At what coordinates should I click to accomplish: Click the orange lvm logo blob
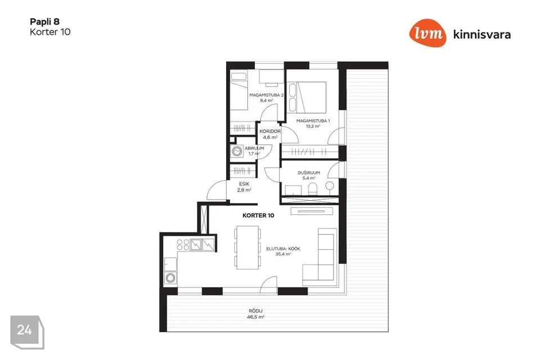click(x=427, y=33)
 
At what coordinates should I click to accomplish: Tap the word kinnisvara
click(x=482, y=34)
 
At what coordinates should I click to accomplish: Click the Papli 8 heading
click(x=45, y=22)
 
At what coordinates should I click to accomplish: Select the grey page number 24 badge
click(x=27, y=332)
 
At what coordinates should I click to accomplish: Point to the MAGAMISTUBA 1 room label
click(x=313, y=121)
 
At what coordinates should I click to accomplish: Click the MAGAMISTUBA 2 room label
click(x=266, y=95)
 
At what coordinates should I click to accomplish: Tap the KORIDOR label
click(x=270, y=131)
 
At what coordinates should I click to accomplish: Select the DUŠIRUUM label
click(x=309, y=173)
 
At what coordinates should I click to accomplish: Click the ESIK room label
click(x=244, y=184)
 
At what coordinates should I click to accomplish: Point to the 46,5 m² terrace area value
click(x=255, y=317)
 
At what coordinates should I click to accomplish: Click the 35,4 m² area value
click(x=283, y=254)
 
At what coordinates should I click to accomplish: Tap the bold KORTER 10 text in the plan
click(x=258, y=215)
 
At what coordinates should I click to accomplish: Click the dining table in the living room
click(x=247, y=247)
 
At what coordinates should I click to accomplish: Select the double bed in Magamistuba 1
click(x=307, y=97)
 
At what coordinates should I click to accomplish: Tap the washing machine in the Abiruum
click(x=237, y=151)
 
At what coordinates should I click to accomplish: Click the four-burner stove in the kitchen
click(x=183, y=245)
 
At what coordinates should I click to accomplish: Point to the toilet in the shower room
click(x=313, y=189)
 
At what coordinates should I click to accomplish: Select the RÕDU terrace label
click(x=255, y=311)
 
